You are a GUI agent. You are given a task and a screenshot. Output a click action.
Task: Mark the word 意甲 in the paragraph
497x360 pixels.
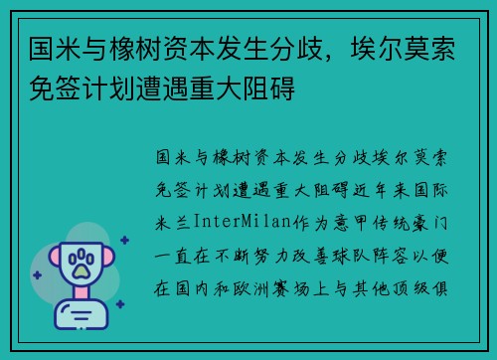coord(354,219)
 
